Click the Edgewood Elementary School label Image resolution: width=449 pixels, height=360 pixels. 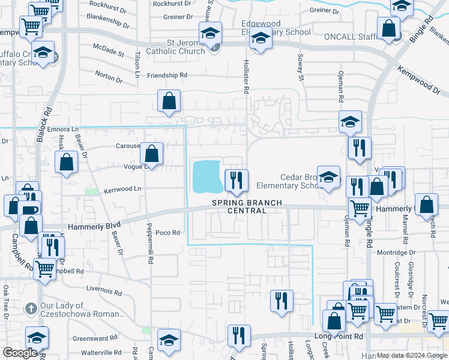tap(276, 28)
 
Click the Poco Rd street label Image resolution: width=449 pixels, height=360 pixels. tap(167, 233)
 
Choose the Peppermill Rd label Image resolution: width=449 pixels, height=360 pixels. tap(150, 244)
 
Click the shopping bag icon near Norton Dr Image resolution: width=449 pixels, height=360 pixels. tap(169, 101)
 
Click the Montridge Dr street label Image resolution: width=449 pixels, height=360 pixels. tap(396, 253)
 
